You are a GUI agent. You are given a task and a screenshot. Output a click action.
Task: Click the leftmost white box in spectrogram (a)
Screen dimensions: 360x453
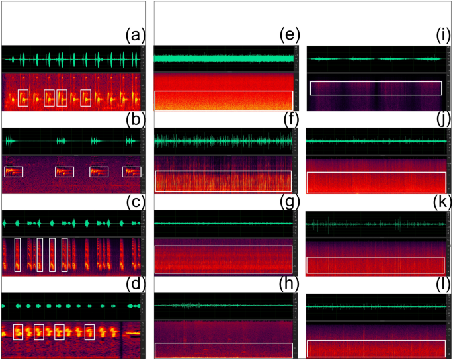tap(23, 97)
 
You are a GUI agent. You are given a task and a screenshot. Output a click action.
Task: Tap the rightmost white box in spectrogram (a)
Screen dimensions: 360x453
tap(85, 97)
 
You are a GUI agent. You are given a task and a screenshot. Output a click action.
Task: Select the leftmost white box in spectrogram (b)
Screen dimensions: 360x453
tap(13, 172)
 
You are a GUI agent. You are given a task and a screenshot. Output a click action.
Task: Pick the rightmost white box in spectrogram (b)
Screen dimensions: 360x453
tap(132, 172)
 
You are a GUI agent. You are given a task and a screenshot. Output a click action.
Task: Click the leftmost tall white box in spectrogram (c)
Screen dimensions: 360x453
tap(17, 255)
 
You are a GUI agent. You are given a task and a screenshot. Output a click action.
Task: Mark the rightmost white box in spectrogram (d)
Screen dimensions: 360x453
tap(89, 332)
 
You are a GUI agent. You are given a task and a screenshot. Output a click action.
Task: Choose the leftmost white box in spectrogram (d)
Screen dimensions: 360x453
tap(19, 332)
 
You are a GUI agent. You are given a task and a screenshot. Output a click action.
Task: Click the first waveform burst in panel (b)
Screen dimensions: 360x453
tap(11, 141)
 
